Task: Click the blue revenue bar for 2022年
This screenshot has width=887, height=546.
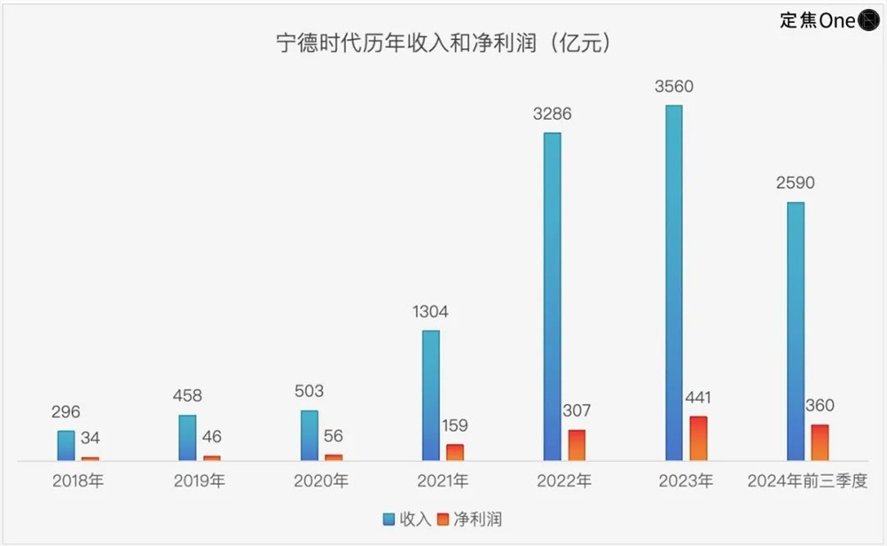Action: click(552, 297)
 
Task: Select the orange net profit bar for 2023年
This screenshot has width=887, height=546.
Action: click(698, 439)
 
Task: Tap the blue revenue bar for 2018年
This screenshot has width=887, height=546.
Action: click(66, 446)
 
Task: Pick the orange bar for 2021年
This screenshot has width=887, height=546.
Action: click(454, 453)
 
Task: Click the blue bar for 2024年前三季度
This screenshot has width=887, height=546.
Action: click(796, 331)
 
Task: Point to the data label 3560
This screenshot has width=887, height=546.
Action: click(674, 87)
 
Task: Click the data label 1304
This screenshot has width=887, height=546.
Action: click(430, 311)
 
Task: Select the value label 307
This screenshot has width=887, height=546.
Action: click(577, 411)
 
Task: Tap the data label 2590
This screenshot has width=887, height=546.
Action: click(796, 183)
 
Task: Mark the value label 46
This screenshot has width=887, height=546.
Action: click(211, 437)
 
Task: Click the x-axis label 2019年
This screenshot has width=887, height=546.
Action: click(199, 482)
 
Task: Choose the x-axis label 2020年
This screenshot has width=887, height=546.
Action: click(321, 482)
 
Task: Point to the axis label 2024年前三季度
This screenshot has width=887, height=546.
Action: click(806, 482)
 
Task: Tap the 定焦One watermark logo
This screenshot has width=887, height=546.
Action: click(828, 19)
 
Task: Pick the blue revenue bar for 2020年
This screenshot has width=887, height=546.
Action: click(309, 436)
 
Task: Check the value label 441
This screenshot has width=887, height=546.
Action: click(698, 398)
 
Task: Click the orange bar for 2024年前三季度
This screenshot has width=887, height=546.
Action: click(820, 442)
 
